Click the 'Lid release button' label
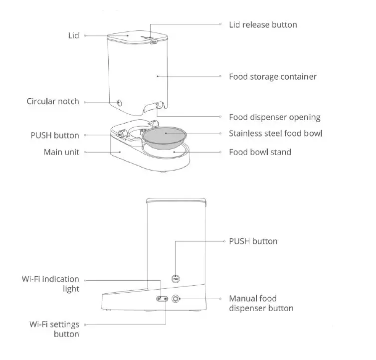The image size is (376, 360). coord(263,24)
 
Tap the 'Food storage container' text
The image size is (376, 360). coord(273,77)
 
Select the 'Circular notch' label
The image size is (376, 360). coord(53,101)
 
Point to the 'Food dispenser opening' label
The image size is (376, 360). coord(274,118)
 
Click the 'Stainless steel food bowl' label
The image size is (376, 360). coord(275,133)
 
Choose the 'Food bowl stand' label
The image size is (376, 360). coord(260,152)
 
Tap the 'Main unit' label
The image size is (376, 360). coord(61,152)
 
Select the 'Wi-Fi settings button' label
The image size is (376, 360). coord(53,329)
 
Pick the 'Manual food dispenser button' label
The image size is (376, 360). coord(261,303)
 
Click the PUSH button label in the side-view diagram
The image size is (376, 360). coord(253,241)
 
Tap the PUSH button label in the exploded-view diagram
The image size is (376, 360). coord(54,135)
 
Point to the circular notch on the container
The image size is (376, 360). coord(120,103)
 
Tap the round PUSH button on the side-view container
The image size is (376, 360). coord(176,278)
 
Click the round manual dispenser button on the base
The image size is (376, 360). coord(176,299)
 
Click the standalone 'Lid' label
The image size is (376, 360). coord(73,36)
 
